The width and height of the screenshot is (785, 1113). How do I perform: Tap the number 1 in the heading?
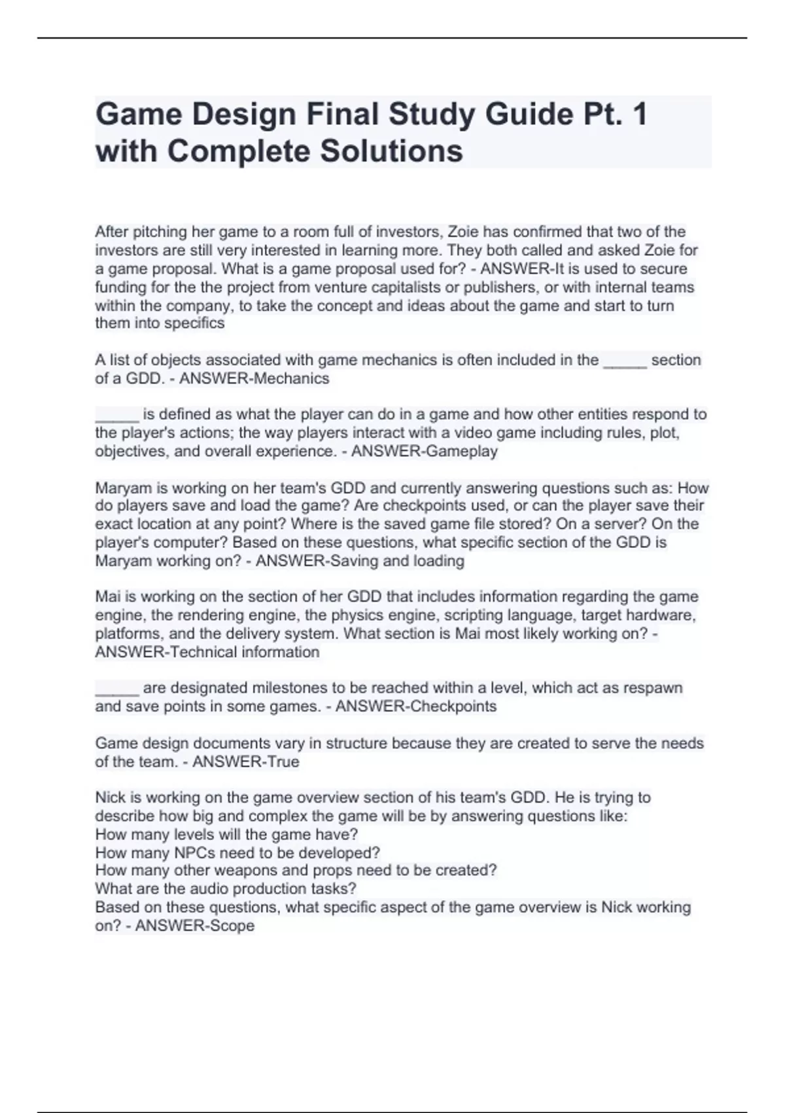(x=640, y=115)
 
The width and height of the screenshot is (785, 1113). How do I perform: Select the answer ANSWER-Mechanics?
(x=254, y=378)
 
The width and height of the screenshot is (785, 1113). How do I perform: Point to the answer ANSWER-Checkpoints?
(x=415, y=706)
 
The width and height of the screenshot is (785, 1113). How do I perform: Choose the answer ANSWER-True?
(x=245, y=761)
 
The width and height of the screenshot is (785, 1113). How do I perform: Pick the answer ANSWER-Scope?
(x=194, y=926)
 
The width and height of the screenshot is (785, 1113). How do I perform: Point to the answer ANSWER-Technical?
(x=166, y=652)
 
